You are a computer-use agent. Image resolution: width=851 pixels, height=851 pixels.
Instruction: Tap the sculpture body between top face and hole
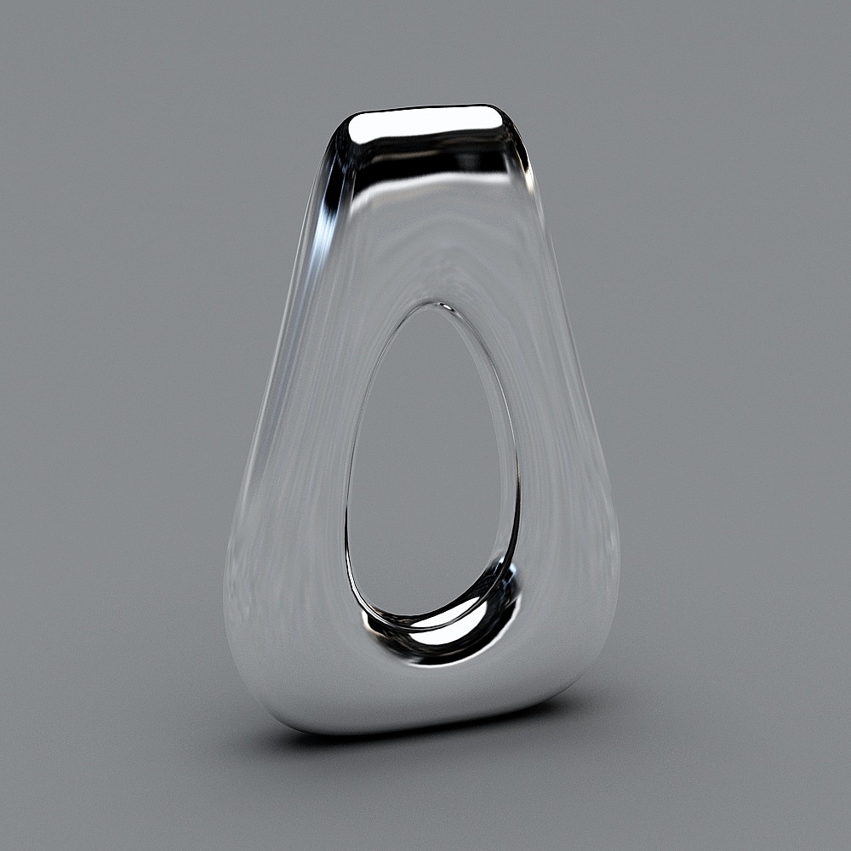tap(430, 238)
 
